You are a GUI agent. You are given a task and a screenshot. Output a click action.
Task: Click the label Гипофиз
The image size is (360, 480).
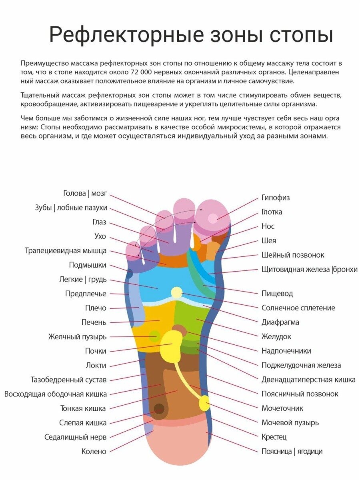tap(276, 198)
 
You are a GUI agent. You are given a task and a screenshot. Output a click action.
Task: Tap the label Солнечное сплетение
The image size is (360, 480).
tap(298, 308)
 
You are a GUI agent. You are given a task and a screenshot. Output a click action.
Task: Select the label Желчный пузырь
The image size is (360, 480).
tap(78, 337)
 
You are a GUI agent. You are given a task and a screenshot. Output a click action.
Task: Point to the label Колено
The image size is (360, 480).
tap(94, 452)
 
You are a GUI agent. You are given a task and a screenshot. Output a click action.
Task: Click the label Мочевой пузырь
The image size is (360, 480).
tap(290, 423)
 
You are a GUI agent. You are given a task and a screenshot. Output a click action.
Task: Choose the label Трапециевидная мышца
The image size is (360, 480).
tap(66, 251)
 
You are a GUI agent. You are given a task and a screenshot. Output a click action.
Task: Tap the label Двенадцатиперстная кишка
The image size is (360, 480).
tap(308, 380)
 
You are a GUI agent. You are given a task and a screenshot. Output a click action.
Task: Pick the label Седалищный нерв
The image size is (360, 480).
tap(75, 437)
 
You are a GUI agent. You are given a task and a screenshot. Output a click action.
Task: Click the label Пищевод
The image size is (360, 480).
tap(277, 294)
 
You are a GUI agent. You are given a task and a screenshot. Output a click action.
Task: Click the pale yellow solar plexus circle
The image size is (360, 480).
tap(176, 292)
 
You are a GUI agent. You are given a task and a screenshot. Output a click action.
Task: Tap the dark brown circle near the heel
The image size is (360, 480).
tap(159, 409)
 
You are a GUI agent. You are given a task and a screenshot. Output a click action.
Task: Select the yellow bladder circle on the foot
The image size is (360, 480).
tap(204, 403)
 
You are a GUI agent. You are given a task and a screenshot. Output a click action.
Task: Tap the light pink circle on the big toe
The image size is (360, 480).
tap(212, 218)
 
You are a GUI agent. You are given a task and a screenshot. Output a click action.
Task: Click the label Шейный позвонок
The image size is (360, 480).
tap(293, 255)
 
